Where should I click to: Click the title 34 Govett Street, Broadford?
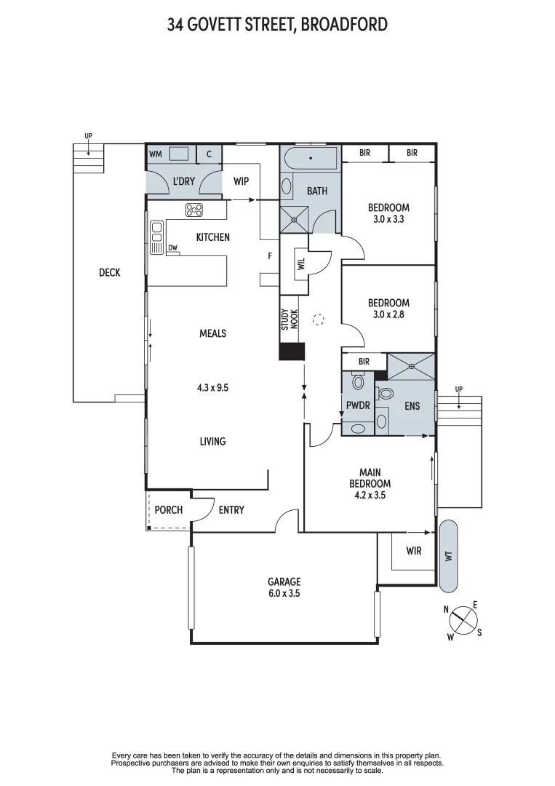coord(277,25)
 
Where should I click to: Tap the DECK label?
coord(109,273)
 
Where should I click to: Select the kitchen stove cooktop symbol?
coord(194,210)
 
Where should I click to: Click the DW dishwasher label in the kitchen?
coord(172,248)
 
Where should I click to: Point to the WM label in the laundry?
coord(156,154)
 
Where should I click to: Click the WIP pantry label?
coord(241,181)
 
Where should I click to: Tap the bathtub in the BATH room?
coord(311,157)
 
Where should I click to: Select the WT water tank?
coord(449,555)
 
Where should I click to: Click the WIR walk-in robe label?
coord(413,551)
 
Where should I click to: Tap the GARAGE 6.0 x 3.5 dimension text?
coord(284,593)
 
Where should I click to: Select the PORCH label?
coord(169,509)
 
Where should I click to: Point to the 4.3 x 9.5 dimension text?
coord(213,388)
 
